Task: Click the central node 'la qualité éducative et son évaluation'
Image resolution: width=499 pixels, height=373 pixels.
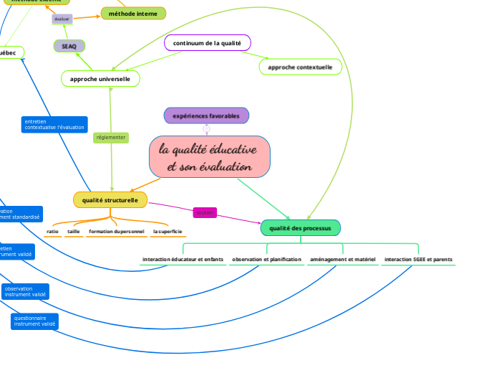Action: [209, 157]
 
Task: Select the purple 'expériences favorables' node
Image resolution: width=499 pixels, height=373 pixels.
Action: [206, 115]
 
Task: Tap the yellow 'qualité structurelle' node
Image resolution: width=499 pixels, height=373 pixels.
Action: [110, 199]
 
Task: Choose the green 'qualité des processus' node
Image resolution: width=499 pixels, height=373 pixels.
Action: [300, 228]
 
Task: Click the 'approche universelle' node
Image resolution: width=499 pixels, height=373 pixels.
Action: [100, 78]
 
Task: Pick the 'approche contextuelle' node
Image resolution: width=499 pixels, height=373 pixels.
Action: [300, 67]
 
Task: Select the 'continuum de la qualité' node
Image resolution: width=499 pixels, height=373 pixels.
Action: [207, 43]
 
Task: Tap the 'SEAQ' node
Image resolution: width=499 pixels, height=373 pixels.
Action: [69, 46]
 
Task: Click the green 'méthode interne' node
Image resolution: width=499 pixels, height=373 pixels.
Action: [132, 13]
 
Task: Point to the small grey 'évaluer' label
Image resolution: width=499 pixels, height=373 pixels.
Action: [62, 19]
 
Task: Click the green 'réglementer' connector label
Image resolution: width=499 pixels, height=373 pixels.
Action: [111, 137]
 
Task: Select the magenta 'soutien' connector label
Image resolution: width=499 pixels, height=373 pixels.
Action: [205, 213]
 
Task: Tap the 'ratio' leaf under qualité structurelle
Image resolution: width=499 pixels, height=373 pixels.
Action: [52, 232]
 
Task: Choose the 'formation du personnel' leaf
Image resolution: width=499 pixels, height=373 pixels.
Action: [117, 232]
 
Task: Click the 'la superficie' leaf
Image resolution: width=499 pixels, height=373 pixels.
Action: [168, 232]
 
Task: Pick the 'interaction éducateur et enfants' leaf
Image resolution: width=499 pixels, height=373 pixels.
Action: [183, 259]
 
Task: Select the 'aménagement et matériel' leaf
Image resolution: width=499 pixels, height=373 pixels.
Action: [343, 259]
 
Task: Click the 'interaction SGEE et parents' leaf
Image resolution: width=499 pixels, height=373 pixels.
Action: [418, 259]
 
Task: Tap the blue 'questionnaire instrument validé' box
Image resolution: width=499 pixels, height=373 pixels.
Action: [34, 321]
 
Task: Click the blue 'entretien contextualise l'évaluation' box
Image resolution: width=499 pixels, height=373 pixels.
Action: [54, 125]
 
